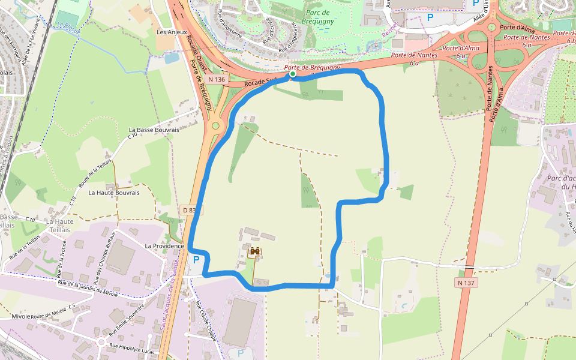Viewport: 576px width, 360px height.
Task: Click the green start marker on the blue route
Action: [292, 74]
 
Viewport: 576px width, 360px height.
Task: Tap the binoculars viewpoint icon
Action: [256, 252]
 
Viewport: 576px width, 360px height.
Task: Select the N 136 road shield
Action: [217, 79]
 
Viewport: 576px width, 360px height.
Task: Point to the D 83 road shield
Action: [190, 210]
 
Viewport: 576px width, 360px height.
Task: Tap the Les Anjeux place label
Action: [172, 32]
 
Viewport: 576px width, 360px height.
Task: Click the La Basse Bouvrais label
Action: [154, 130]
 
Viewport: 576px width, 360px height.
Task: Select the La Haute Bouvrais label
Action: [114, 193]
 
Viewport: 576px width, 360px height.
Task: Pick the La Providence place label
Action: [164, 246]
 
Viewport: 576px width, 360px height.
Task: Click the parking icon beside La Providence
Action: [196, 260]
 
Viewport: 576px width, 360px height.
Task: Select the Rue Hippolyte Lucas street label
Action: [131, 348]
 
